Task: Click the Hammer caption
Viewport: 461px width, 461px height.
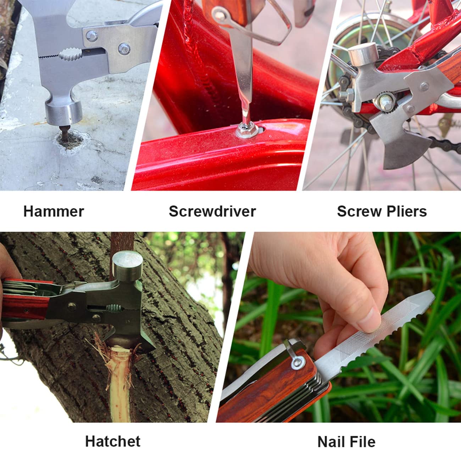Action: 54,211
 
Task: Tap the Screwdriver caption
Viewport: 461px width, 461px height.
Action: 212,211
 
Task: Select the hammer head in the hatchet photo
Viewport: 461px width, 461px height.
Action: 128,266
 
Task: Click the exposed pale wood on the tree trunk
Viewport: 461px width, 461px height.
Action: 119,383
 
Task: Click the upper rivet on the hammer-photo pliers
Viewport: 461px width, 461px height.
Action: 92,36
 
